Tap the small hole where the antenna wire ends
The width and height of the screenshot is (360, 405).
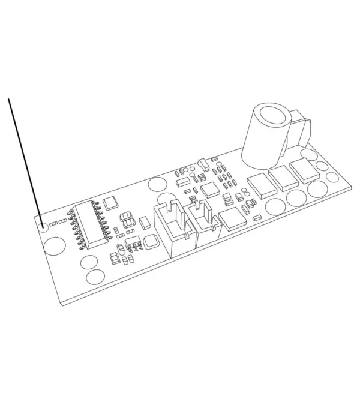[x=43, y=227]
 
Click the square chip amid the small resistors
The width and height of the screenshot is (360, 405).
[x=211, y=190]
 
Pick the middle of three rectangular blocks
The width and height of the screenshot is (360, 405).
[x=281, y=177]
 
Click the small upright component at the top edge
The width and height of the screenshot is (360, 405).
[x=203, y=163]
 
